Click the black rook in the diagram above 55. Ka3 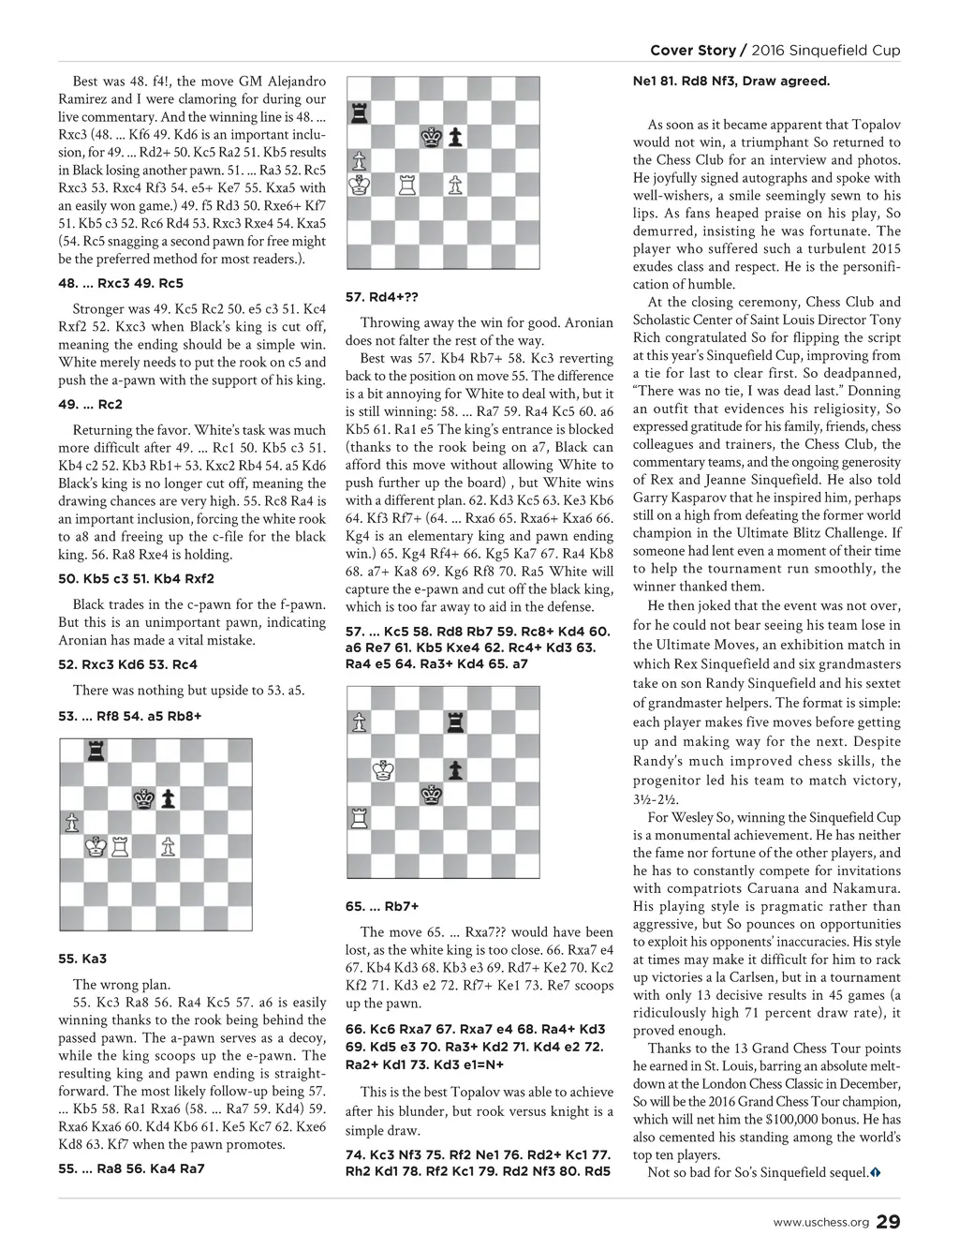point(96,751)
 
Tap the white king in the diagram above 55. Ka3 point(96,847)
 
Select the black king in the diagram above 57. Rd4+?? point(431,137)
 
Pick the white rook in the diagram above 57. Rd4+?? point(406,186)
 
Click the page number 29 point(889,1222)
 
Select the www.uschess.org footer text point(820,1223)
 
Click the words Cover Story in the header point(692,50)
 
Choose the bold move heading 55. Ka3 point(82,959)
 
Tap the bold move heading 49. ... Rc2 point(90,405)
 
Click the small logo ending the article point(876,1173)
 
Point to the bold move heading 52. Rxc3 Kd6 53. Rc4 point(127,664)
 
